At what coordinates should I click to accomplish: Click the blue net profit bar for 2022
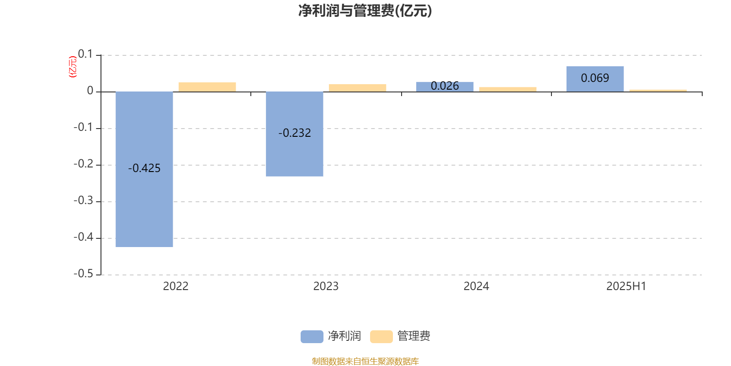click(x=144, y=169)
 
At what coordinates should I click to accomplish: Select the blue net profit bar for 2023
click(x=294, y=134)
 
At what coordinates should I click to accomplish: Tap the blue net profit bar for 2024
click(x=445, y=86)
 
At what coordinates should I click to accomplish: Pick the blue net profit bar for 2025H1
click(x=595, y=79)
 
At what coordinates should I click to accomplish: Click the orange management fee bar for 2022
click(x=207, y=87)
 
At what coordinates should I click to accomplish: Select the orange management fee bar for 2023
click(x=357, y=88)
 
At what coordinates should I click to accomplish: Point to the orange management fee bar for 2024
click(x=508, y=90)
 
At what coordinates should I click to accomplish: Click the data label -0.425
click(x=144, y=168)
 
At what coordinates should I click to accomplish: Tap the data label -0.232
click(x=295, y=133)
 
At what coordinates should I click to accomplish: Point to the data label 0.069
click(x=595, y=78)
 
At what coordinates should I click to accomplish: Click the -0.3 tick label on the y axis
click(x=84, y=200)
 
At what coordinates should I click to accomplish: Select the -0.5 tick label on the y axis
click(x=84, y=274)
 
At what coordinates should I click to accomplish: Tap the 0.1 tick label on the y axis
click(x=85, y=54)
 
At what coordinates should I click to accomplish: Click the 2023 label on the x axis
click(x=326, y=286)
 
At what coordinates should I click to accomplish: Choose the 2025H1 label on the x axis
click(x=626, y=286)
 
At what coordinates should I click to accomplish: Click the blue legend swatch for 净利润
click(x=312, y=337)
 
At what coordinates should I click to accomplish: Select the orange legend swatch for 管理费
click(x=381, y=337)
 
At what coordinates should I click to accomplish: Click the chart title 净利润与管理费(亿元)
click(x=365, y=11)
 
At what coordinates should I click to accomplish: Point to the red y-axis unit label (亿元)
click(x=73, y=67)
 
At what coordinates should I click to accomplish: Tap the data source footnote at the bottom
click(x=365, y=361)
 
